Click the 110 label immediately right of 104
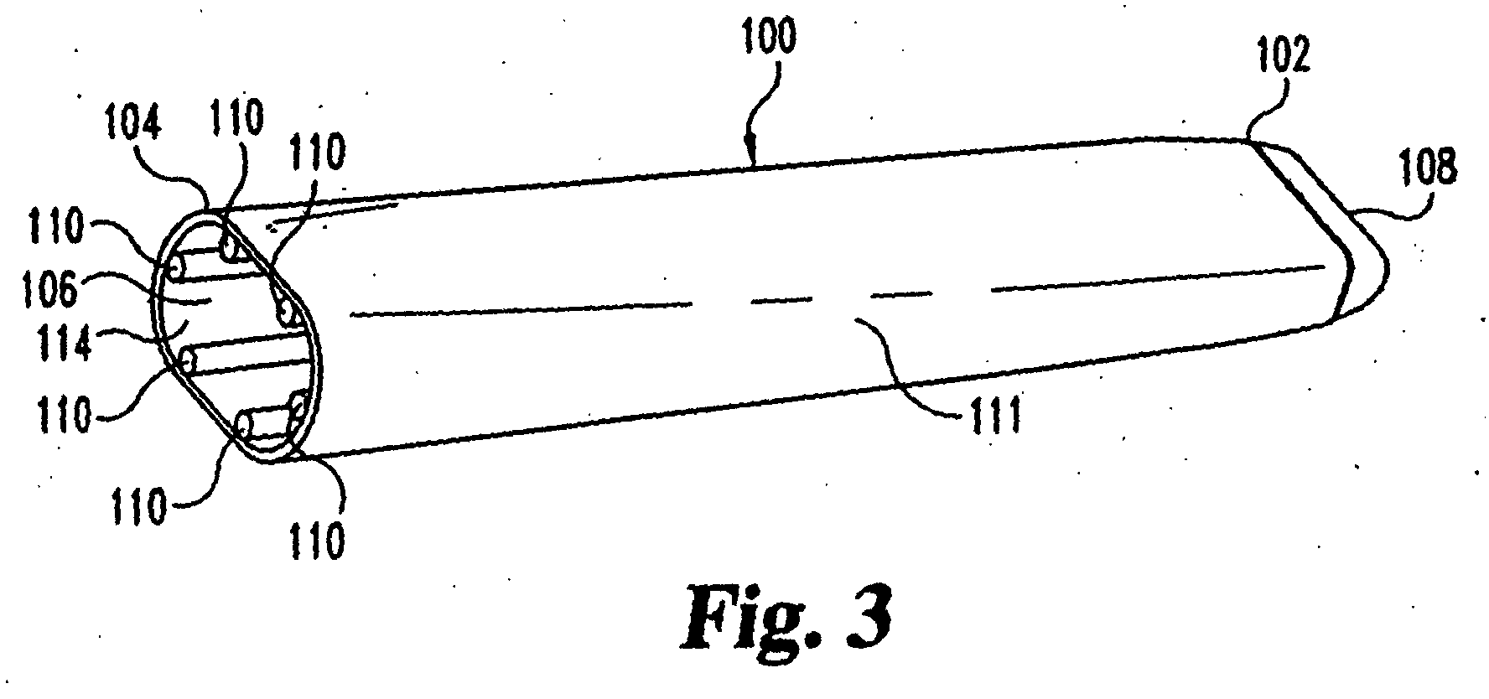coord(237,119)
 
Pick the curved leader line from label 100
coord(770,109)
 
